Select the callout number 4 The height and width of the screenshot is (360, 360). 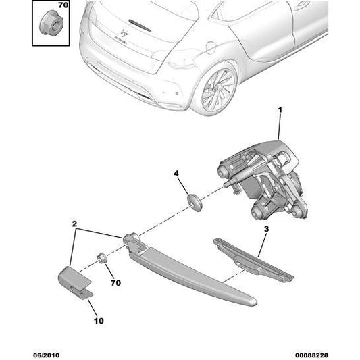point(176,174)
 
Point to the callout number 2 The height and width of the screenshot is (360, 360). point(75,223)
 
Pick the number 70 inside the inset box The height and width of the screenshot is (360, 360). point(63,5)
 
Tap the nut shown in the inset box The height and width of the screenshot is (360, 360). point(50,25)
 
